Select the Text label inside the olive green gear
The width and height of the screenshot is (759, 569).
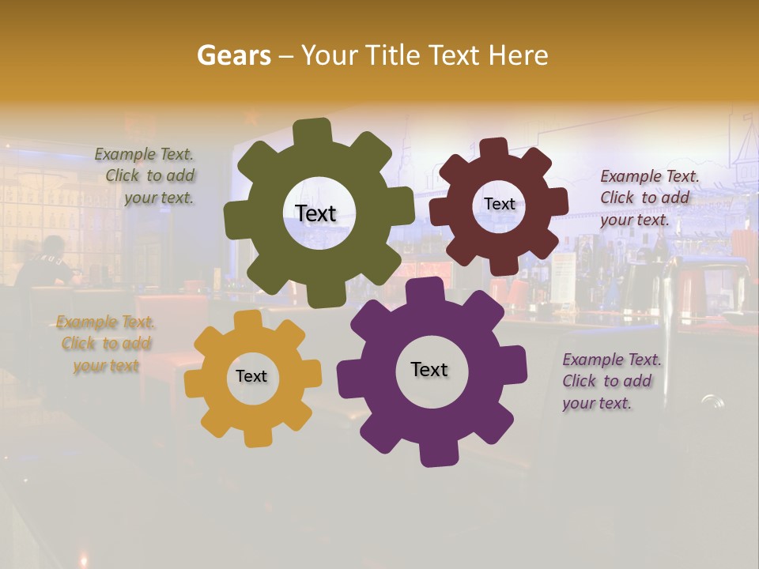point(315,213)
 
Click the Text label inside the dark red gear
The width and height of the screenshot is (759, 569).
point(500,204)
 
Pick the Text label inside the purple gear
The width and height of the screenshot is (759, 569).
point(429,369)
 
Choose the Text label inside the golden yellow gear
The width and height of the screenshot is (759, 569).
point(251,376)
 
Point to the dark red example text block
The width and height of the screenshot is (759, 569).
point(648,198)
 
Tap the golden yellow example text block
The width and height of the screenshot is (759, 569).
point(106,344)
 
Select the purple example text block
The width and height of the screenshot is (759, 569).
point(610,381)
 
